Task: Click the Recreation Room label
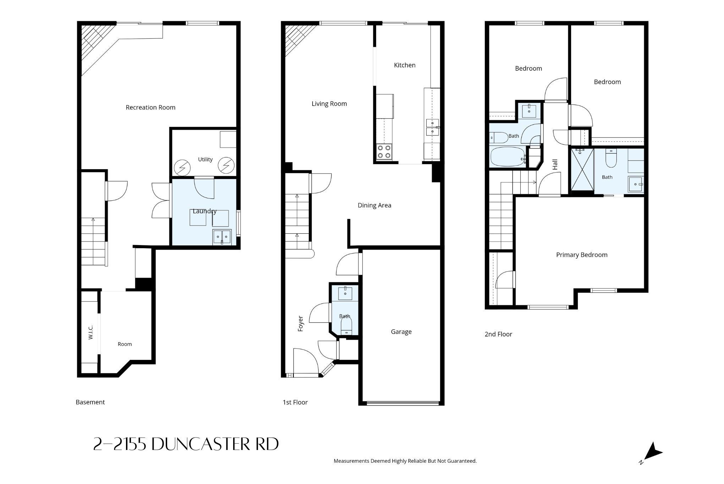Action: [x=150, y=107]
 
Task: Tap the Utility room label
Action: [x=205, y=160]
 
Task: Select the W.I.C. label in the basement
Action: [x=90, y=333]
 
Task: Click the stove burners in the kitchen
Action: [x=384, y=151]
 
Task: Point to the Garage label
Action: [x=401, y=332]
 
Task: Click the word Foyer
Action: [x=301, y=324]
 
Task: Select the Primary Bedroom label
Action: [x=582, y=255]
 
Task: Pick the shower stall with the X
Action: [x=582, y=170]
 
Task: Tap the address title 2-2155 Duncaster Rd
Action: [x=186, y=444]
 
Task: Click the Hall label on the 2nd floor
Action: [x=555, y=164]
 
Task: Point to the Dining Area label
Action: [x=374, y=205]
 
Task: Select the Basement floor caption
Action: [x=90, y=402]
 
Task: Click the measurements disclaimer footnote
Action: [x=405, y=461]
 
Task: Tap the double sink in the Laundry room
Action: [x=222, y=237]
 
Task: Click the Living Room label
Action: [x=329, y=104]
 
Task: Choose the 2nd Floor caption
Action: [x=498, y=334]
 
